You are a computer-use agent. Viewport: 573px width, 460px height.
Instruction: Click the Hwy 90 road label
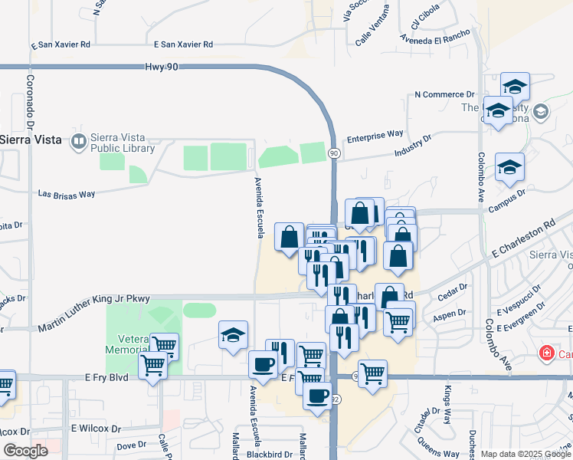(x=161, y=67)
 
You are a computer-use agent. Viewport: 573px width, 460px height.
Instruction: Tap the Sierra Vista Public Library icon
(x=78, y=140)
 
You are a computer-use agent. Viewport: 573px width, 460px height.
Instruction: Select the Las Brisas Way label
(x=67, y=194)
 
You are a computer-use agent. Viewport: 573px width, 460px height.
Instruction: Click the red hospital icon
(x=546, y=353)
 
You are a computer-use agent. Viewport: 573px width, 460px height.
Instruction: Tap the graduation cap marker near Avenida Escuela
(x=234, y=335)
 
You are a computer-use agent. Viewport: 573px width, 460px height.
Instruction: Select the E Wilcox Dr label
(x=96, y=429)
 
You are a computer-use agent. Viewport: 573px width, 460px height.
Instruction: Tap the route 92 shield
(x=336, y=399)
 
